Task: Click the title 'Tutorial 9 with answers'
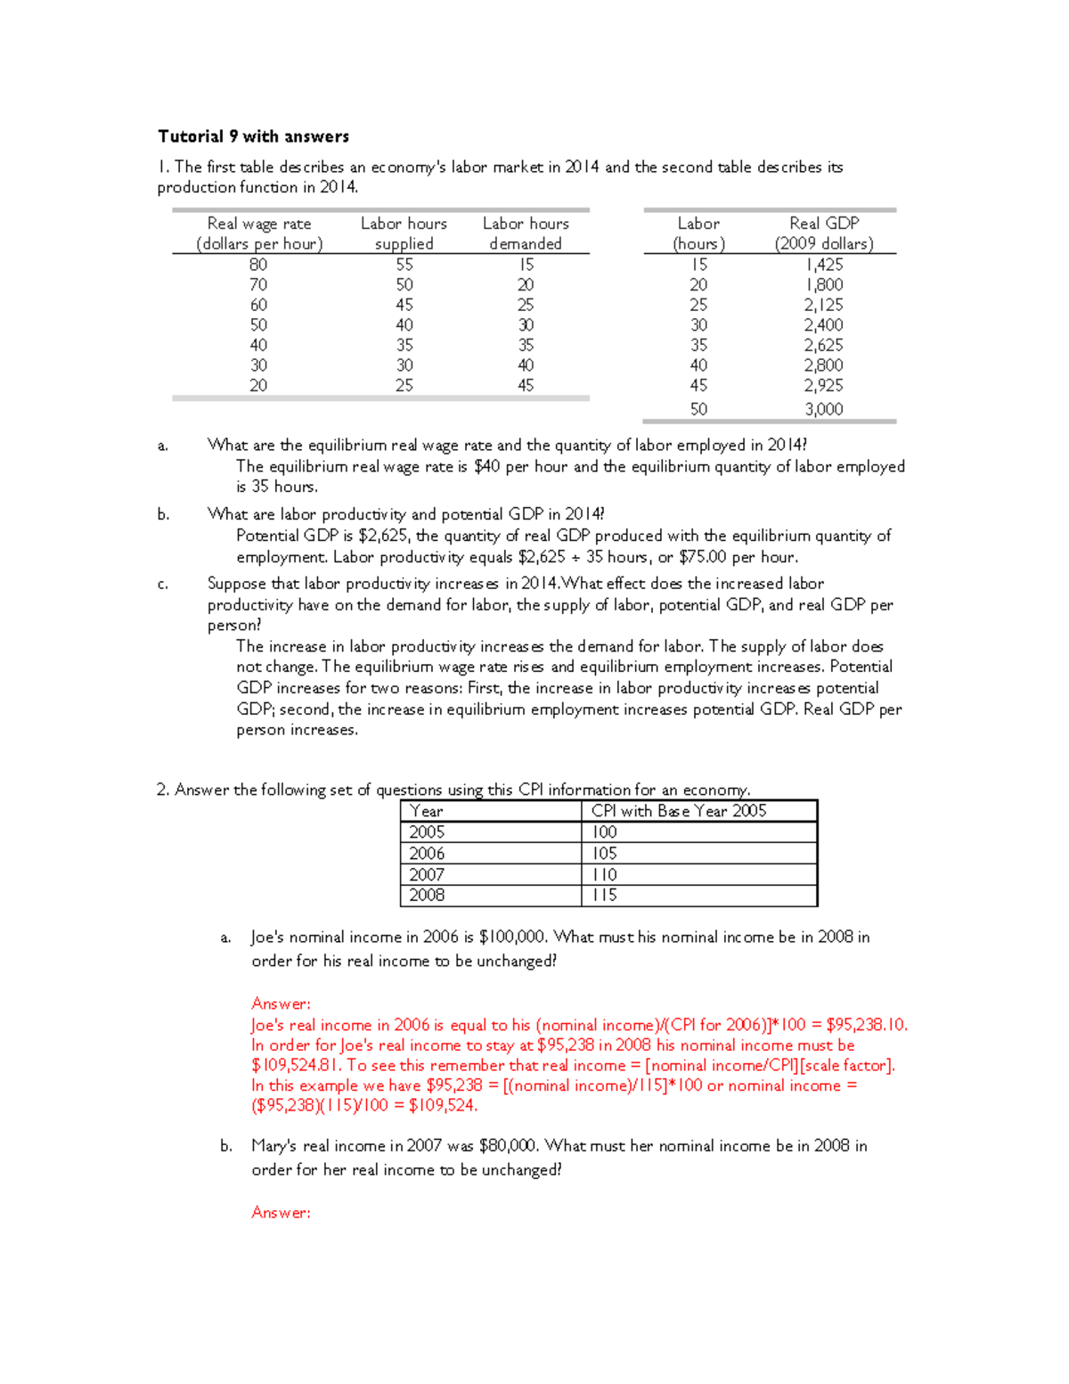253,136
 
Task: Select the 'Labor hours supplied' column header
404,233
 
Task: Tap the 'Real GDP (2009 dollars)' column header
823,233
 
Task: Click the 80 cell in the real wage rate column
258,265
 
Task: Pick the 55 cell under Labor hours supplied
404,265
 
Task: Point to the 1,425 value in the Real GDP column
823,265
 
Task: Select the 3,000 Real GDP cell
823,409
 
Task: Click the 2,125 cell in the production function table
823,305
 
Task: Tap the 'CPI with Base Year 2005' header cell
679,811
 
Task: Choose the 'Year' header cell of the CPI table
427,811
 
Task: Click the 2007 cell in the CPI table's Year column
427,874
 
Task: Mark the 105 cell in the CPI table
605,853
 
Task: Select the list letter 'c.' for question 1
163,585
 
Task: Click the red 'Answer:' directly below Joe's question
281,1003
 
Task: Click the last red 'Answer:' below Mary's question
281,1212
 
